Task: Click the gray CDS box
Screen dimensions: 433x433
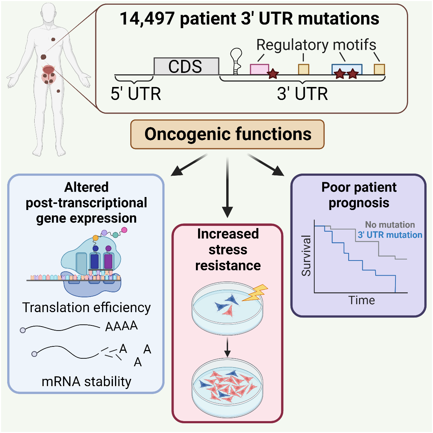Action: [186, 66]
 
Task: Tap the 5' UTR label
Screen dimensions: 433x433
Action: [136, 94]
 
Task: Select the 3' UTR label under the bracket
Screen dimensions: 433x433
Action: [302, 94]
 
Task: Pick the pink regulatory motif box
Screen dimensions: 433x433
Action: [259, 69]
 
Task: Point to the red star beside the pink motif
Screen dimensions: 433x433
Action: [273, 74]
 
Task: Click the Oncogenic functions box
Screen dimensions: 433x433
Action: [227, 134]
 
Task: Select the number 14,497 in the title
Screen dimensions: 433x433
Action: [147, 19]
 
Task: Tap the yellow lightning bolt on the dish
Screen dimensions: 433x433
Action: [255, 293]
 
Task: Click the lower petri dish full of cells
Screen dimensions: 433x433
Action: [227, 388]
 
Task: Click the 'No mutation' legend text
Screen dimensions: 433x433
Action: [390, 225]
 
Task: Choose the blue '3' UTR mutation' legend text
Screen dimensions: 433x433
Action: [390, 235]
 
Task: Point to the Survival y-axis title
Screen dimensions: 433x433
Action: [306, 256]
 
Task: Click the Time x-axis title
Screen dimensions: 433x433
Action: [362, 300]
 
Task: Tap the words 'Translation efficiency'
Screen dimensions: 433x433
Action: [87, 307]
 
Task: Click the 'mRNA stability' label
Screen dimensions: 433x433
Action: [87, 381]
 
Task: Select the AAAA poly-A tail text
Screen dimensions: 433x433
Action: [121, 326]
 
